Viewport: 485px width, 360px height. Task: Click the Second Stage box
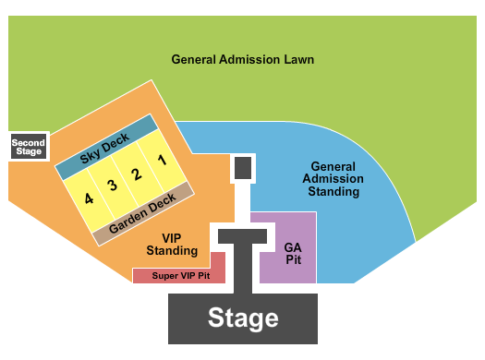(x=29, y=146)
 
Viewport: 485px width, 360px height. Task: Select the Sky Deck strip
(x=106, y=147)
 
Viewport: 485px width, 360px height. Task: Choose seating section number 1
(x=161, y=160)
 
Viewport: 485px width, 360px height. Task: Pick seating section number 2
(x=136, y=173)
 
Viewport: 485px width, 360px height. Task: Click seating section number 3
(x=112, y=186)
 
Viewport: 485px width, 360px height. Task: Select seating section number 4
(x=89, y=198)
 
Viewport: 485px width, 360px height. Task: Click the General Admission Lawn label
(x=243, y=60)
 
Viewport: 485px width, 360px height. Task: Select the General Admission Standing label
(x=333, y=179)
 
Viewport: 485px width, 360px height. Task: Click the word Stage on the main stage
(x=243, y=318)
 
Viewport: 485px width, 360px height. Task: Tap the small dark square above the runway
(x=243, y=168)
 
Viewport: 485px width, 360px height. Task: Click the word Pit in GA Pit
(x=294, y=259)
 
